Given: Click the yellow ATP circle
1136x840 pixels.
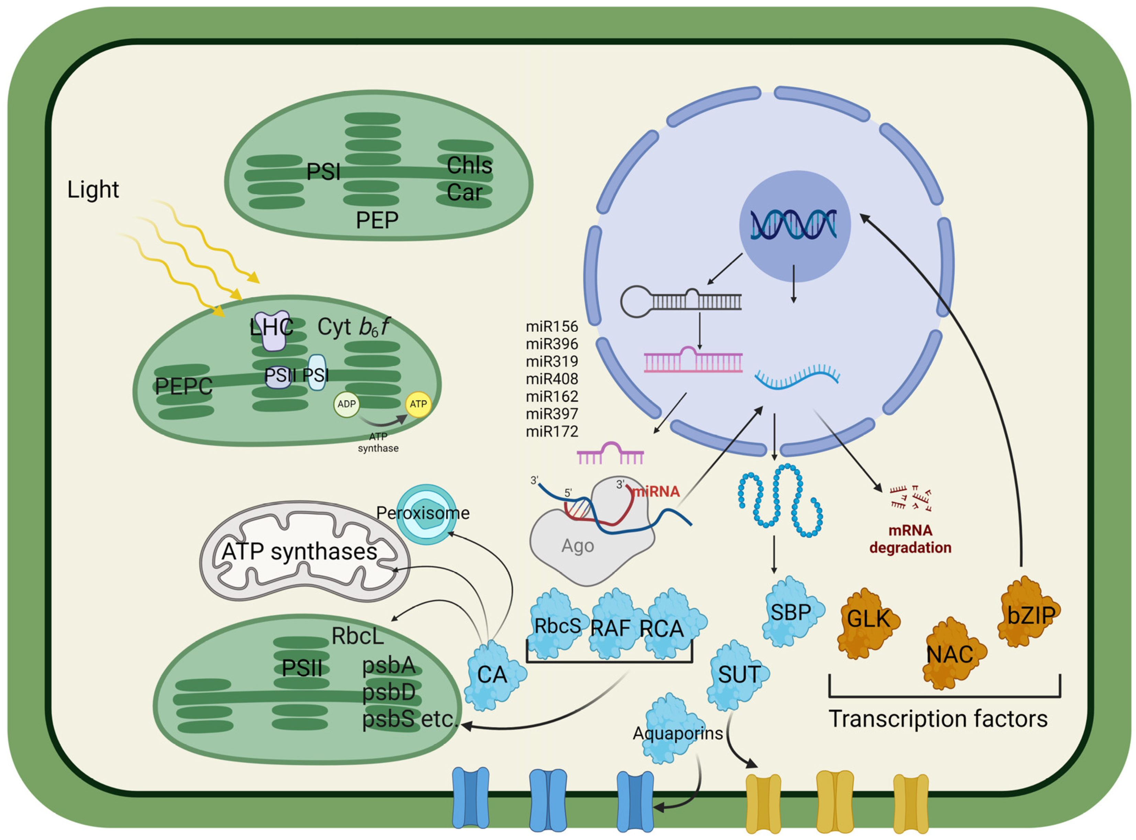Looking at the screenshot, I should [418, 404].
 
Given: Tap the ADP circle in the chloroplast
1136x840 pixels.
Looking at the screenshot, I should [347, 404].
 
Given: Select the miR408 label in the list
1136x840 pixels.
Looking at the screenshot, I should [552, 379].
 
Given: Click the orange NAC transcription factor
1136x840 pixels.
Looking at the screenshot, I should [949, 654].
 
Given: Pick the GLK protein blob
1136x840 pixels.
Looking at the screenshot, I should [868, 619].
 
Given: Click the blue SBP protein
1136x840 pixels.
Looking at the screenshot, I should [791, 612].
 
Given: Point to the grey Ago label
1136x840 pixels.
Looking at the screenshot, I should [577, 545].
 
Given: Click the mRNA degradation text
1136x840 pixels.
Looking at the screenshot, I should [910, 539].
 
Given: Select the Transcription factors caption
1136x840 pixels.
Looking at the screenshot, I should [938, 718].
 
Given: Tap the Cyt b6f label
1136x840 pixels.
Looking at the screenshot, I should [353, 327].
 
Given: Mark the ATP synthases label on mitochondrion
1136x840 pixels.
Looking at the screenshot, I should [299, 552].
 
